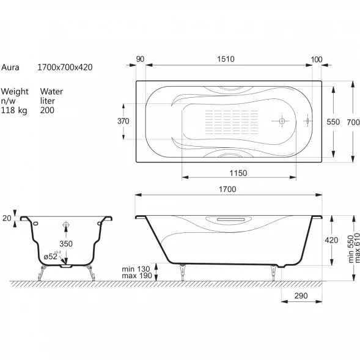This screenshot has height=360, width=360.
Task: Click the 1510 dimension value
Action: click(x=226, y=59)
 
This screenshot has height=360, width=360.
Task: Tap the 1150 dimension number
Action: click(x=238, y=173)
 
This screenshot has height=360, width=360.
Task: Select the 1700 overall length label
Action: click(x=227, y=189)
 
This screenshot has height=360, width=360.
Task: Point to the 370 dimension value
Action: click(x=123, y=121)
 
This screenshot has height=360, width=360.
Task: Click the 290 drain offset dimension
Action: click(x=301, y=296)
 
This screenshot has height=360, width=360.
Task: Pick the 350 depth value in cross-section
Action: click(x=66, y=244)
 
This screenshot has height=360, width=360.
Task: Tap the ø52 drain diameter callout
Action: click(x=51, y=256)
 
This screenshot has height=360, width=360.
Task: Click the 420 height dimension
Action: click(x=331, y=240)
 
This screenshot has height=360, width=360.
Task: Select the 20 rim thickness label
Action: click(x=7, y=218)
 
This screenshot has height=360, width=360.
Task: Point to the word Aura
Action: click(x=10, y=67)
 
